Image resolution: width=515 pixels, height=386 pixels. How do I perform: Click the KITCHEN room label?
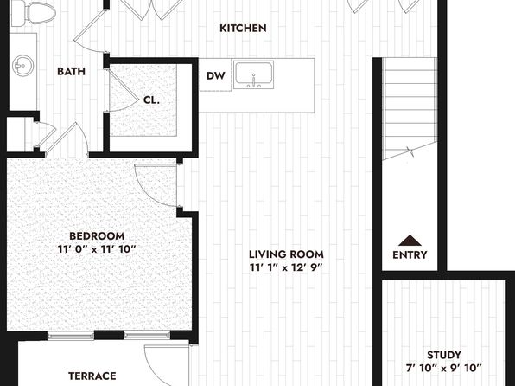pyautogui.click(x=243, y=29)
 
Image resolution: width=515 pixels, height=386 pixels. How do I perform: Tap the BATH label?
pyautogui.click(x=71, y=71)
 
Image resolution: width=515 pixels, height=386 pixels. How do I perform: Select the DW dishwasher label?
pyautogui.click(x=216, y=76)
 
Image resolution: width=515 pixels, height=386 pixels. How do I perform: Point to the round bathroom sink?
pyautogui.click(x=23, y=66)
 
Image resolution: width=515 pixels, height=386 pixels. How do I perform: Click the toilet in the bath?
pyautogui.click(x=33, y=13)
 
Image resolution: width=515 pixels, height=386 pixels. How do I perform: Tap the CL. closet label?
pyautogui.click(x=151, y=100)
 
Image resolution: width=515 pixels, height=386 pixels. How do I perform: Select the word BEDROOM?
pyautogui.click(x=97, y=236)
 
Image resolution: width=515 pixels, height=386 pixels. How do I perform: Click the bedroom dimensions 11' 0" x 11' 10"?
pyautogui.click(x=97, y=249)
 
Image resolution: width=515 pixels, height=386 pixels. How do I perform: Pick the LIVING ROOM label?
pyautogui.click(x=286, y=254)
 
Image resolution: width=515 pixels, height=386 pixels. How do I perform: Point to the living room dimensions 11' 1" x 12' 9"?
pyautogui.click(x=286, y=267)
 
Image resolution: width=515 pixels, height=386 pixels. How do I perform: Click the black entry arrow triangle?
pyautogui.click(x=410, y=241)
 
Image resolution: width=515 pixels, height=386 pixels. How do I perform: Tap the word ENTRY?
pyautogui.click(x=410, y=254)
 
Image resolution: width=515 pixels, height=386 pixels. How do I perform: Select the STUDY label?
pyautogui.click(x=444, y=355)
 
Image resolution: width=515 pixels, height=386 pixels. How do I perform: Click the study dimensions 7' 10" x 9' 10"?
pyautogui.click(x=444, y=368)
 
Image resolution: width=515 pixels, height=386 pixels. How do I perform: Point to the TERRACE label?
pyautogui.click(x=92, y=376)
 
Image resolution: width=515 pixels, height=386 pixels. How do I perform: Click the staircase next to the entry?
pyautogui.click(x=410, y=108)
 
